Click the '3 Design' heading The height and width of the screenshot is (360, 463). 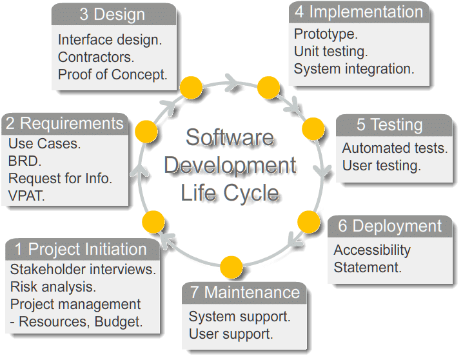coord(113,14)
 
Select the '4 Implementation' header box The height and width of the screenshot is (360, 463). coord(359,12)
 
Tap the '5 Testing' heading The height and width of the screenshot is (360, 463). coord(394,124)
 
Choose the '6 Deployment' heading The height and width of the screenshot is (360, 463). coord(390,226)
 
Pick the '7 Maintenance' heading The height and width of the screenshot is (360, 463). coord(244,292)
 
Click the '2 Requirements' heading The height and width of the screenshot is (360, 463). coord(64,123)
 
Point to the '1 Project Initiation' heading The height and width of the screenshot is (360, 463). coord(81,249)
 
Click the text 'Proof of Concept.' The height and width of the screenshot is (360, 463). coord(113,74)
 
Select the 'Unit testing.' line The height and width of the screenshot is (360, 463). coord(331,51)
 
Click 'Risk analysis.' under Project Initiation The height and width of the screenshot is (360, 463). coord(53,286)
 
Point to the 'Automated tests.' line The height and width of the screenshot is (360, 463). coord(395,148)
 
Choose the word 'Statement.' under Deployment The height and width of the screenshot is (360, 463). coord(368,267)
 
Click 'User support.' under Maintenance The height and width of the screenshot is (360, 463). coord(231,334)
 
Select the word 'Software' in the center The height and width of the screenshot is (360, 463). coord(230,137)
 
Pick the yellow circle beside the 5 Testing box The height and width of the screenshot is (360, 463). coord(313,127)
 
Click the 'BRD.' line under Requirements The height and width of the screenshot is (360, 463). coord(25,161)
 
